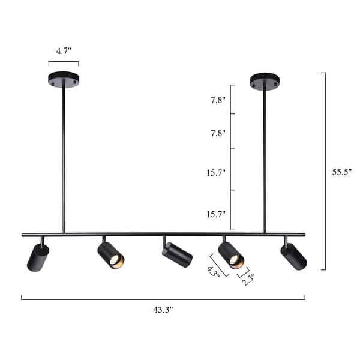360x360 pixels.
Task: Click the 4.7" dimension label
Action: [x=64, y=51]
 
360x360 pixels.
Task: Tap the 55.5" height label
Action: [x=342, y=171]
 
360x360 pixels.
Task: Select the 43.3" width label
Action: [x=163, y=310]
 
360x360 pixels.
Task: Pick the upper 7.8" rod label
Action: [x=218, y=100]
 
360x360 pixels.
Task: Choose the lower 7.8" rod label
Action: [x=218, y=133]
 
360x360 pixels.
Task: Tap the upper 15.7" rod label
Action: [x=216, y=172]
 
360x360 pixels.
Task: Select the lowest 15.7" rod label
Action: [x=216, y=214]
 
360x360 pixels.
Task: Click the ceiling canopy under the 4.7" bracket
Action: [x=64, y=79]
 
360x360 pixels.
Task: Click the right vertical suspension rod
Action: [x=264, y=159]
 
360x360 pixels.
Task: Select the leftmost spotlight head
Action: [x=38, y=257]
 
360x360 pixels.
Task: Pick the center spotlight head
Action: [x=176, y=254]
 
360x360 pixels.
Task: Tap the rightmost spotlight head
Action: [x=293, y=256]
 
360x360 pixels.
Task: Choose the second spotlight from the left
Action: [x=111, y=255]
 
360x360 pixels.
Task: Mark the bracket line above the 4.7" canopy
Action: [x=64, y=62]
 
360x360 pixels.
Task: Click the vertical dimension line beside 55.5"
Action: [x=325, y=171]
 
